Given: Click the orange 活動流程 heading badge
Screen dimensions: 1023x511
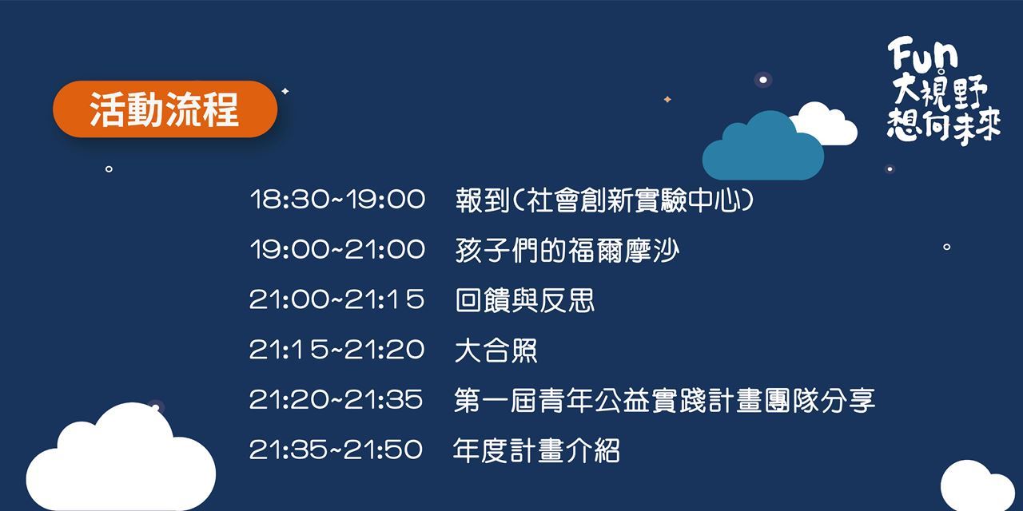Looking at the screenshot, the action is [165, 109].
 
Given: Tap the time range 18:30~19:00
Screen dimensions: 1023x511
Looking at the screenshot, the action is [337, 200].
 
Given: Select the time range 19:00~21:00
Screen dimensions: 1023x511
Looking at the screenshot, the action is [337, 249].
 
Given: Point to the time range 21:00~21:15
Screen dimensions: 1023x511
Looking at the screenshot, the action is [337, 299].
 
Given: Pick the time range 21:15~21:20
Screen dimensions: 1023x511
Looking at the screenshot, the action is [337, 350].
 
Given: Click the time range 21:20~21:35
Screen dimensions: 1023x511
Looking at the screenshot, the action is [336, 399].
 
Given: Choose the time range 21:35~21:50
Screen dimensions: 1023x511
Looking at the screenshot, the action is [336, 450].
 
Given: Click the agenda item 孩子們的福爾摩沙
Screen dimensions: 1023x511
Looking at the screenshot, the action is [567, 251].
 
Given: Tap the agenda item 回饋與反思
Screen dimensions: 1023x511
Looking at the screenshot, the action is [525, 300].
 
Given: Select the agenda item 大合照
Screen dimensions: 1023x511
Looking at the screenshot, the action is [496, 351].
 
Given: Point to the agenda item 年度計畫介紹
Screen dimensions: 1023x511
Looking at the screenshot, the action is [536, 450].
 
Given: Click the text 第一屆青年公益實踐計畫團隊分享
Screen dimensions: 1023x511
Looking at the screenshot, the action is [664, 400].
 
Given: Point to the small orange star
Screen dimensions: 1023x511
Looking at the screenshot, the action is [667, 99].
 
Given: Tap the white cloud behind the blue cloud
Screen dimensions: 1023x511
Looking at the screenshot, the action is [826, 123].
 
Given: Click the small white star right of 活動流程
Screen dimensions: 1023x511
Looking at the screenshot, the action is [285, 91].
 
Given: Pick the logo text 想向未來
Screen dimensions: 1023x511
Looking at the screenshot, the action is [944, 125].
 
